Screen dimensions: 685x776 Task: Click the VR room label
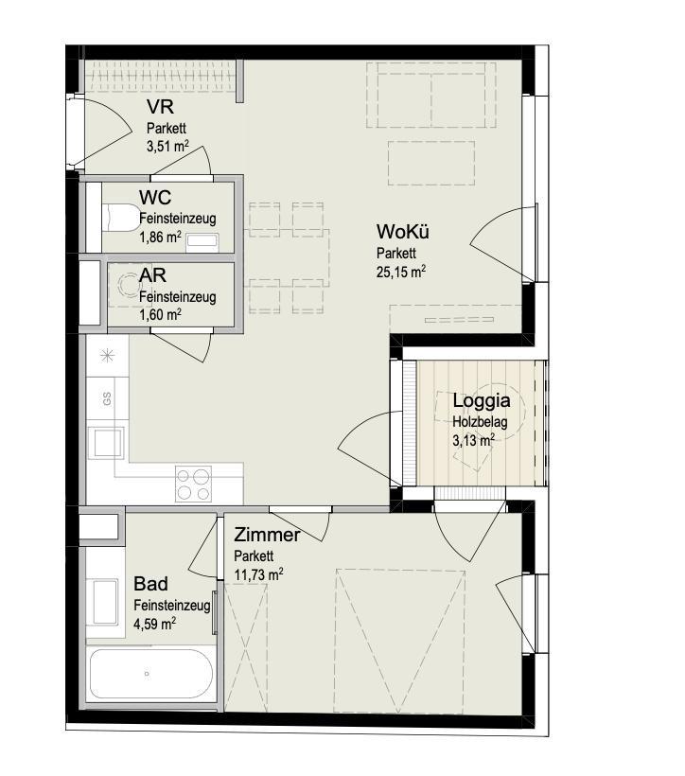160,107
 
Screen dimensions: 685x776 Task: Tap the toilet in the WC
121,218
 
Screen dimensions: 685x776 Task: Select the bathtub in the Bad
151,674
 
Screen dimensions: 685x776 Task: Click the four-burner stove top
193,484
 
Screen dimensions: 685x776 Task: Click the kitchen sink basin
106,443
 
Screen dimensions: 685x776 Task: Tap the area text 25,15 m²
401,272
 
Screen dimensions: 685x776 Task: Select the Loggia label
481,401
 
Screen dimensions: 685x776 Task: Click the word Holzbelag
480,422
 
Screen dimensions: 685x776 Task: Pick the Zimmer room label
267,535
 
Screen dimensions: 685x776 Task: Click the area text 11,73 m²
258,574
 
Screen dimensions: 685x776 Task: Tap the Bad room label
151,584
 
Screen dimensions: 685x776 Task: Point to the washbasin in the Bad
105,602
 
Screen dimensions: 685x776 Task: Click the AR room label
152,275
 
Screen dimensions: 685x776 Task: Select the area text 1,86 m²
160,237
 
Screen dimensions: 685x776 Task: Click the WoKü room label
402,232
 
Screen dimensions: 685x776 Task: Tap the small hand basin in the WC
202,241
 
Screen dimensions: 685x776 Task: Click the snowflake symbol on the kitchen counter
108,356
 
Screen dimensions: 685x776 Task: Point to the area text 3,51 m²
167,147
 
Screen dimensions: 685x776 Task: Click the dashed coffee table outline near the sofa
431,164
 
